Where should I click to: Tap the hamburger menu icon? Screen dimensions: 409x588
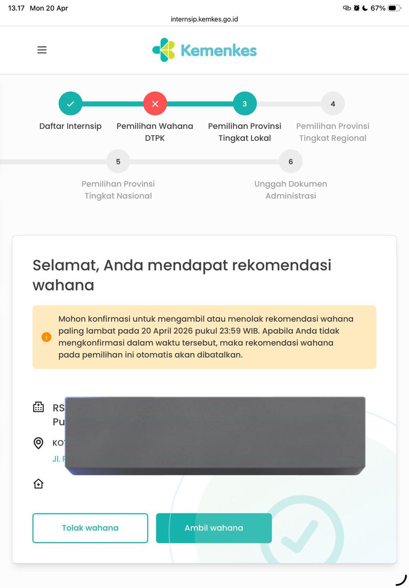click(x=42, y=50)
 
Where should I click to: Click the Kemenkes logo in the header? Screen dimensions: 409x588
click(x=204, y=50)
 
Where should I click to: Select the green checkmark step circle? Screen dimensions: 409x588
click(x=70, y=104)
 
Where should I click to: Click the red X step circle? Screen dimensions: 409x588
click(x=155, y=104)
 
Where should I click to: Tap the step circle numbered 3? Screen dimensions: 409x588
click(x=245, y=104)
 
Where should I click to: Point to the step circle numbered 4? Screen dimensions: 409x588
click(x=333, y=104)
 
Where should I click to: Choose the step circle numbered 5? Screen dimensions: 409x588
click(x=118, y=162)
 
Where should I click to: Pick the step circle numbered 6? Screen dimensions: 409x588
click(x=291, y=162)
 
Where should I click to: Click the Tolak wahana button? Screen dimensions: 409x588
click(x=90, y=528)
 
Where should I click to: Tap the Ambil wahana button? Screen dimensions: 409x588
click(x=214, y=528)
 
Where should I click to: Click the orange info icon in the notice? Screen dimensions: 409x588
click(x=46, y=337)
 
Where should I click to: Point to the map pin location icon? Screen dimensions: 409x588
click(x=38, y=443)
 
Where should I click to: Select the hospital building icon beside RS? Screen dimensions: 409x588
click(x=38, y=407)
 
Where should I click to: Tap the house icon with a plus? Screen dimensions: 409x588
click(x=38, y=484)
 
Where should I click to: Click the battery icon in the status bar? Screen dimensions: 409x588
click(x=394, y=8)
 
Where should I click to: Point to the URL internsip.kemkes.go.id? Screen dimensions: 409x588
click(x=204, y=20)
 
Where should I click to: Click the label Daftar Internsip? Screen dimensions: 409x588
click(x=70, y=126)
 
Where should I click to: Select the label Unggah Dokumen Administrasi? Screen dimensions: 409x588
click(x=291, y=190)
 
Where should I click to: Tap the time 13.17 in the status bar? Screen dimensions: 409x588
click(x=16, y=8)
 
